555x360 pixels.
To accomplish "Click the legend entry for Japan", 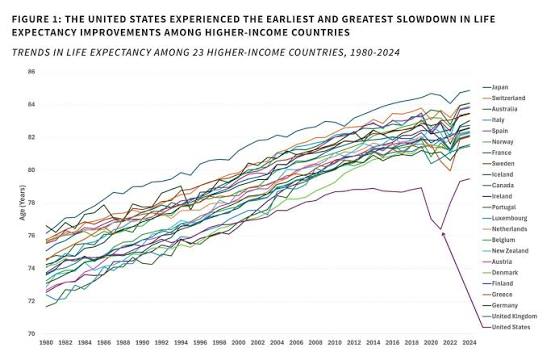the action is pyautogui.click(x=500, y=87).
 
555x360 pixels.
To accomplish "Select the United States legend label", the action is pyautogui.click(x=511, y=327).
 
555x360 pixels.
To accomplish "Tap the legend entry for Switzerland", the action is pyautogui.click(x=508, y=98).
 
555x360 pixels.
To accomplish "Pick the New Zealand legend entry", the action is pyautogui.click(x=510, y=251).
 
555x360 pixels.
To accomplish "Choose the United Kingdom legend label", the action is pyautogui.click(x=514, y=316).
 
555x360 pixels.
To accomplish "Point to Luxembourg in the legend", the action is pyautogui.click(x=509, y=218).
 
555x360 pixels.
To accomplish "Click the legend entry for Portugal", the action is pyautogui.click(x=504, y=207).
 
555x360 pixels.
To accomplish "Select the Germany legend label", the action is pyautogui.click(x=505, y=305).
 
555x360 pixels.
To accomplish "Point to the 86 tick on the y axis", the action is pyautogui.click(x=32, y=72).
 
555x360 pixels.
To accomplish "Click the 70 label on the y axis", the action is pyautogui.click(x=32, y=334).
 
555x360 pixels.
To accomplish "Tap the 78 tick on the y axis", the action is pyautogui.click(x=32, y=203).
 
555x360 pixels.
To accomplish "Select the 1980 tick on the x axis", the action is pyautogui.click(x=46, y=343).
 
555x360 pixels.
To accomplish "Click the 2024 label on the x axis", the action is pyautogui.click(x=469, y=343).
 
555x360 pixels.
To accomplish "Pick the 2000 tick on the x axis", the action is pyautogui.click(x=239, y=343).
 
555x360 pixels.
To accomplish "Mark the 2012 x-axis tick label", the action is pyautogui.click(x=354, y=343).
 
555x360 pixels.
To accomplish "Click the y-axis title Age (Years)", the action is pyautogui.click(x=22, y=202).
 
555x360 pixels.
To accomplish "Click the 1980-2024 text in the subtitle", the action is pyautogui.click(x=374, y=53).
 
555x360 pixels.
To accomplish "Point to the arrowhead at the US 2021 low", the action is pyautogui.click(x=443, y=234).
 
